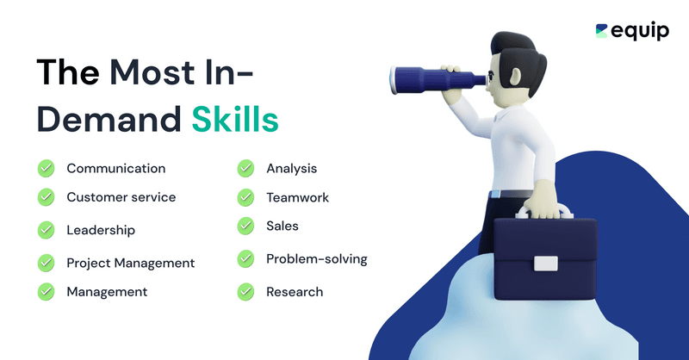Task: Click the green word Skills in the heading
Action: point(235,119)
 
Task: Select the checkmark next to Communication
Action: point(46,168)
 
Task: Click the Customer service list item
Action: point(121,197)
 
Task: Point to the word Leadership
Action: point(101,230)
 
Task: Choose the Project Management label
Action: point(130,263)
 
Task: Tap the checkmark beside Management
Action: point(46,291)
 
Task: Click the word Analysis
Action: point(291,168)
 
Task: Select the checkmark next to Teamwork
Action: point(245,197)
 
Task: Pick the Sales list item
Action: point(282,226)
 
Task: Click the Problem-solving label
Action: point(316,258)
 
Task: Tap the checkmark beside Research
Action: point(245,291)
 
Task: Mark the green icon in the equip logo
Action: point(602,30)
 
